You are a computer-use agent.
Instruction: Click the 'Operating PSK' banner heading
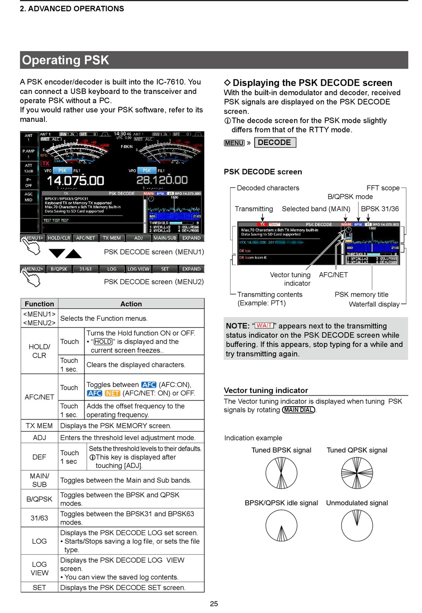(x=66, y=60)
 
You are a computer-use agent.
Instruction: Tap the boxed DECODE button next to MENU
(x=275, y=142)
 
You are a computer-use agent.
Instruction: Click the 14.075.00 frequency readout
(x=75, y=181)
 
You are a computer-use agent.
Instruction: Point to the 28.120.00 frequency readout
(x=162, y=180)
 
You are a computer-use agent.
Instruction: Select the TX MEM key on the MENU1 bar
(x=111, y=238)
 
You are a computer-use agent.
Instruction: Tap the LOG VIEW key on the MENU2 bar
(x=138, y=269)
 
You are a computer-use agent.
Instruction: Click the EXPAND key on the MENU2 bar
(x=191, y=269)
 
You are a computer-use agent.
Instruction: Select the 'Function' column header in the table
(x=39, y=304)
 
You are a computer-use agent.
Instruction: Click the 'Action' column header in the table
(x=131, y=304)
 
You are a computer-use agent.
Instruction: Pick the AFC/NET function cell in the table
(x=39, y=397)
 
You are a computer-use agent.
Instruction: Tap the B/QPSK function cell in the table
(x=39, y=499)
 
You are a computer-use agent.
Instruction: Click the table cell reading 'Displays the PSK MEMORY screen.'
(x=116, y=426)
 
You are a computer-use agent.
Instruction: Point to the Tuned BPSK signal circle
(x=281, y=473)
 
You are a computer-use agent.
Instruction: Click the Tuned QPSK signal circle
(x=357, y=473)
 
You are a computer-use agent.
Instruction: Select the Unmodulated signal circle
(x=357, y=525)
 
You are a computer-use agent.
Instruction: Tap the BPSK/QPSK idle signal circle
(x=281, y=525)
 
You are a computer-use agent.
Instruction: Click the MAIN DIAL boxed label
(x=299, y=410)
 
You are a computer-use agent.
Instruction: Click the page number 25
(x=214, y=604)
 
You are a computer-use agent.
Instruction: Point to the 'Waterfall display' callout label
(x=374, y=304)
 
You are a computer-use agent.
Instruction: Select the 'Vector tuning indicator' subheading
(x=266, y=390)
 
